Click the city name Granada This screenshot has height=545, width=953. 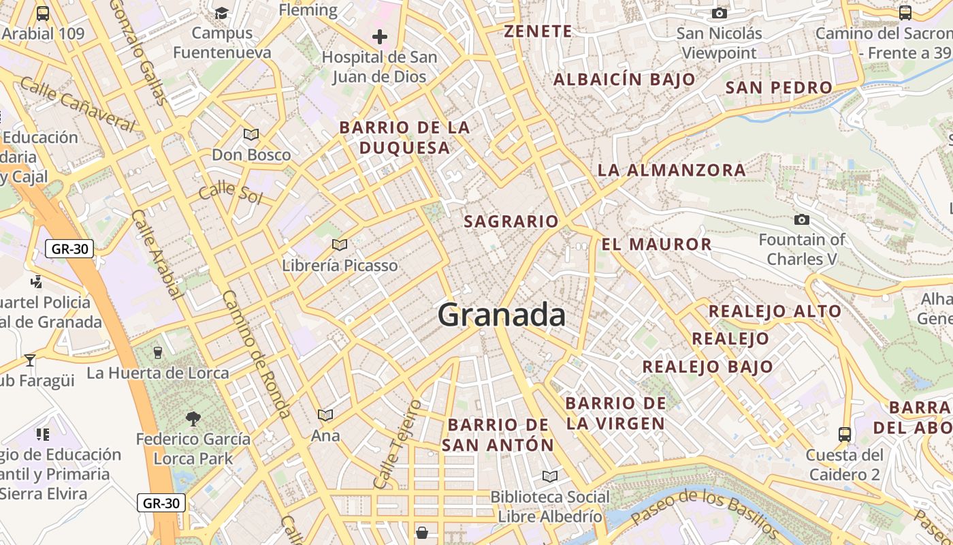pyautogui.click(x=502, y=315)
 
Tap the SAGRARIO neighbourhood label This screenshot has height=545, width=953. pyautogui.click(x=511, y=221)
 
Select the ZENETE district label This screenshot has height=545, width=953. pyautogui.click(x=538, y=31)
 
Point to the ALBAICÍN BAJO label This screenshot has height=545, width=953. pyautogui.click(x=624, y=80)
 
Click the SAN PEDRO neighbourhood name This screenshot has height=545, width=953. pyautogui.click(x=779, y=87)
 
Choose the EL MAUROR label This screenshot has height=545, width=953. pyautogui.click(x=656, y=244)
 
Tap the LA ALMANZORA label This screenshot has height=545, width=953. pyautogui.click(x=671, y=170)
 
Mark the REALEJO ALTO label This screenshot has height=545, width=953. pyautogui.click(x=775, y=311)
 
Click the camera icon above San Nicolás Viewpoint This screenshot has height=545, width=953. pyautogui.click(x=719, y=13)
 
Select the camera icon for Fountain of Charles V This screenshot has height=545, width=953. pyautogui.click(x=802, y=219)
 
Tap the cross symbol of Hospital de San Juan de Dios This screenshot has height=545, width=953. pyautogui.click(x=380, y=37)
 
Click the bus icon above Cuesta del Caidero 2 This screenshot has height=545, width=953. pyautogui.click(x=844, y=434)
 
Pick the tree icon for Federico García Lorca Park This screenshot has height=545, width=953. pyautogui.click(x=193, y=418)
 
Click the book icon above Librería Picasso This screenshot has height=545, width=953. pyautogui.click(x=339, y=245)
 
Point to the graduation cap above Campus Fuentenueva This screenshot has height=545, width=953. pyautogui.click(x=222, y=13)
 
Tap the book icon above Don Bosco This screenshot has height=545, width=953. pyautogui.click(x=251, y=134)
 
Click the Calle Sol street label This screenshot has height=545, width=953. pyautogui.click(x=230, y=191)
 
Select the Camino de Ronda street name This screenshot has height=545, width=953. pyautogui.click(x=257, y=354)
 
